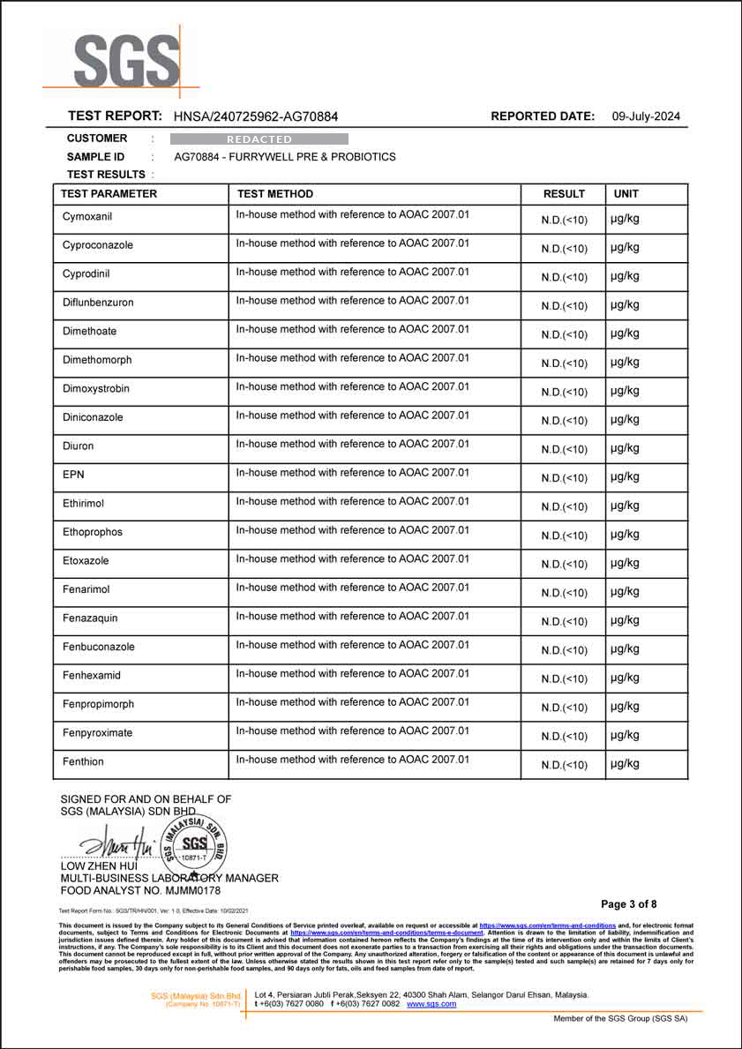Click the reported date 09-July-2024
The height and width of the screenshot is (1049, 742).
tap(646, 116)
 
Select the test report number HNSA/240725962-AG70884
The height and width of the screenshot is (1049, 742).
tap(256, 116)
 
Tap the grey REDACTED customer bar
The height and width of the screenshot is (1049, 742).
tap(259, 139)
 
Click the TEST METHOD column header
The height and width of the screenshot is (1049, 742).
tap(274, 194)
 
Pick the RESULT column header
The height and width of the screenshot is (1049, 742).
tap(564, 194)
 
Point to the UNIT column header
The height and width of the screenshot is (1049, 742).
tap(626, 194)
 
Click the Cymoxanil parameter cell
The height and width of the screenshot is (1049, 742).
tap(87, 216)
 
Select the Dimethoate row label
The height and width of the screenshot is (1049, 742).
tap(89, 331)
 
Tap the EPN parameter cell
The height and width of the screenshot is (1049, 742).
tap(73, 475)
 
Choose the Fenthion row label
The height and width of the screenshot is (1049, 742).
tap(83, 761)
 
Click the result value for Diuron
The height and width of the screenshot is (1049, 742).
tap(564, 449)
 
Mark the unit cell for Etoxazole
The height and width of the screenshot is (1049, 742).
tap(625, 563)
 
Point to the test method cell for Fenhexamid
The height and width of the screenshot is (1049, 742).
tap(353, 674)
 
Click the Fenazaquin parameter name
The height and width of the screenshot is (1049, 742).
tap(90, 618)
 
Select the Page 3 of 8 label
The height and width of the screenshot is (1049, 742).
tap(629, 904)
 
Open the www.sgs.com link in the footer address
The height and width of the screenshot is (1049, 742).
tap(431, 1004)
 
